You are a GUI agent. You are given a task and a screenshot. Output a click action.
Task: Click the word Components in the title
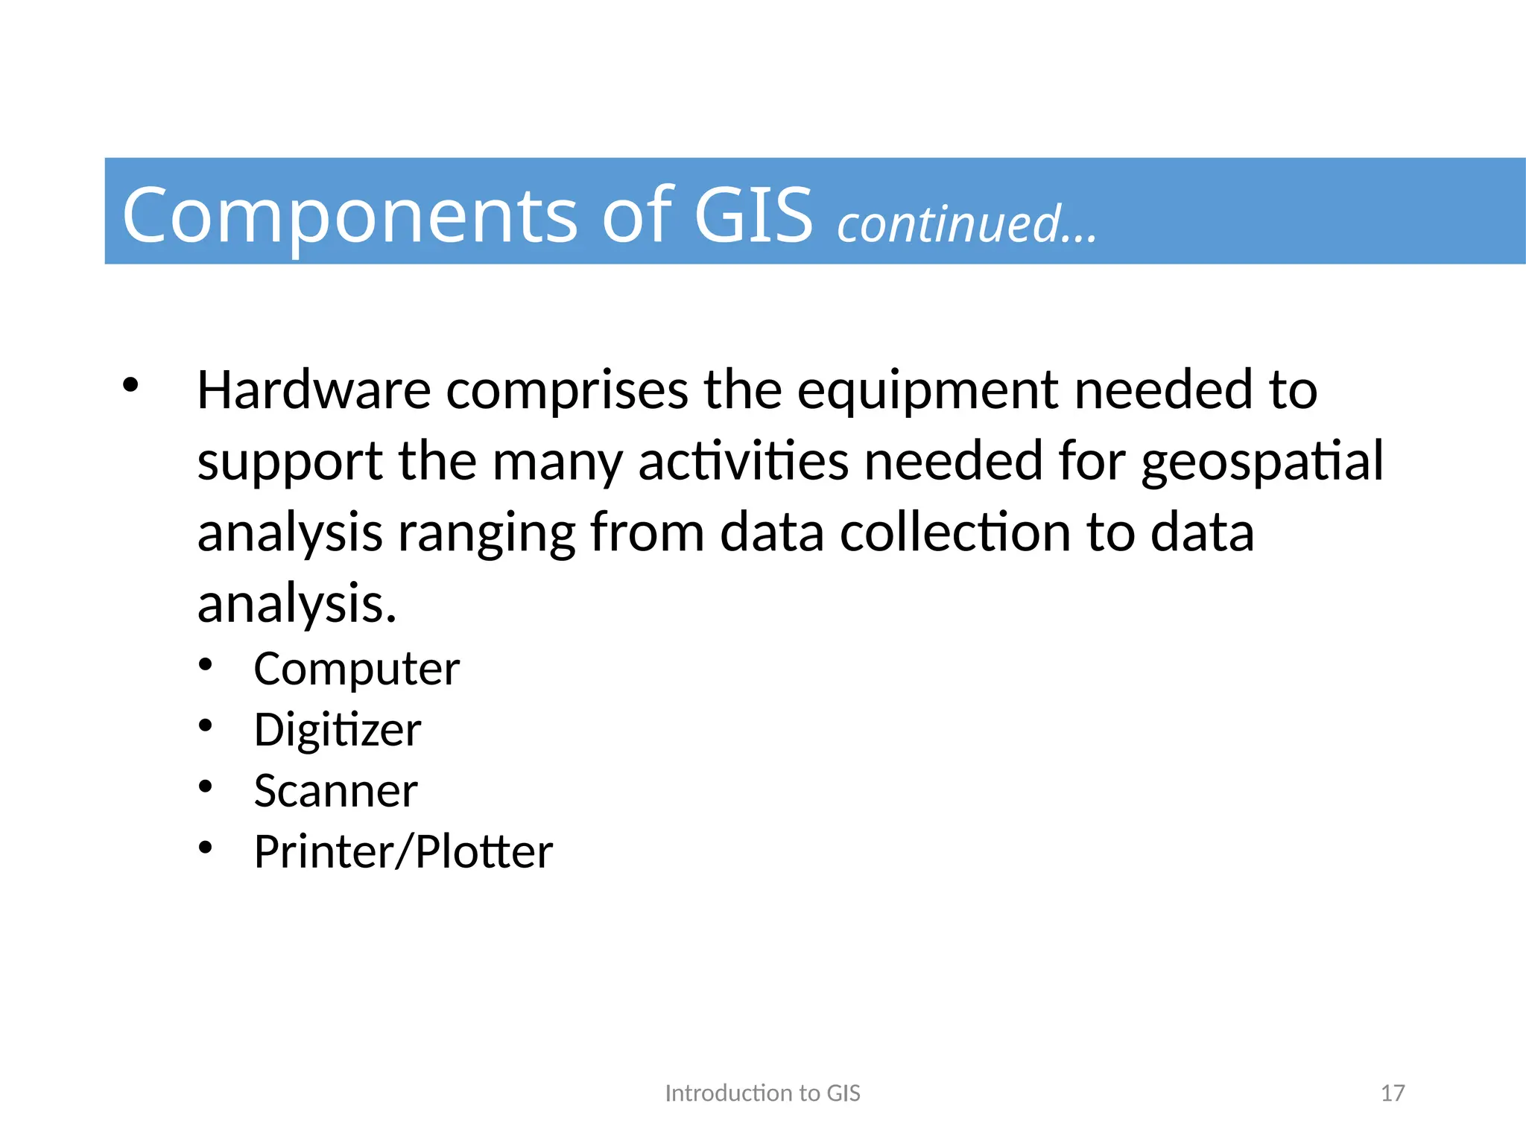(350, 216)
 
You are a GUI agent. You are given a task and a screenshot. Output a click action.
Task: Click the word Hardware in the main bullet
(314, 390)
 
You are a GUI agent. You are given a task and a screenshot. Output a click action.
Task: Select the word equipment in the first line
(928, 392)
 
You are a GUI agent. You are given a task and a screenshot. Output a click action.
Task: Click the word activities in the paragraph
(743, 461)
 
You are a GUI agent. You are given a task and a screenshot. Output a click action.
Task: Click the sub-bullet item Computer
(356, 669)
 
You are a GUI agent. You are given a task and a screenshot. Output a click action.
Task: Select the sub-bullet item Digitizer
(337, 731)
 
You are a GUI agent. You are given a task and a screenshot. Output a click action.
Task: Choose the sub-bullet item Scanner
(335, 791)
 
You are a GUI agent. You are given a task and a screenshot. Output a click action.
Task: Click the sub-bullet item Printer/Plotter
(403, 852)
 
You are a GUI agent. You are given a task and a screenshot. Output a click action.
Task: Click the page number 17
(1392, 1093)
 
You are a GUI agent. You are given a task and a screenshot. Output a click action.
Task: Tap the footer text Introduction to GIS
(762, 1093)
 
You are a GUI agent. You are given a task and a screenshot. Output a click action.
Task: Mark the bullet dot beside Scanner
(206, 786)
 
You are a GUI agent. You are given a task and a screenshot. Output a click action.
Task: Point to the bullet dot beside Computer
(206, 664)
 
